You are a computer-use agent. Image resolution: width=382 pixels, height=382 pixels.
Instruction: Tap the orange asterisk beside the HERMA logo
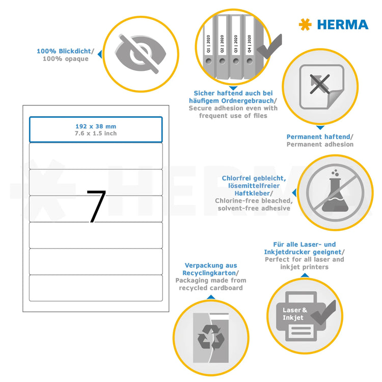pyautogui.click(x=305, y=24)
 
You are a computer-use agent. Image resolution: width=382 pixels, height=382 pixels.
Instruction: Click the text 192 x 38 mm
pyautogui.click(x=96, y=126)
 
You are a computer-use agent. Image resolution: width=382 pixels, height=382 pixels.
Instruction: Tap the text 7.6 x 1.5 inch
pyautogui.click(x=96, y=133)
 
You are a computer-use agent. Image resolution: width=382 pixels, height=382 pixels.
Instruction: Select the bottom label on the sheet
pyautogui.click(x=96, y=288)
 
